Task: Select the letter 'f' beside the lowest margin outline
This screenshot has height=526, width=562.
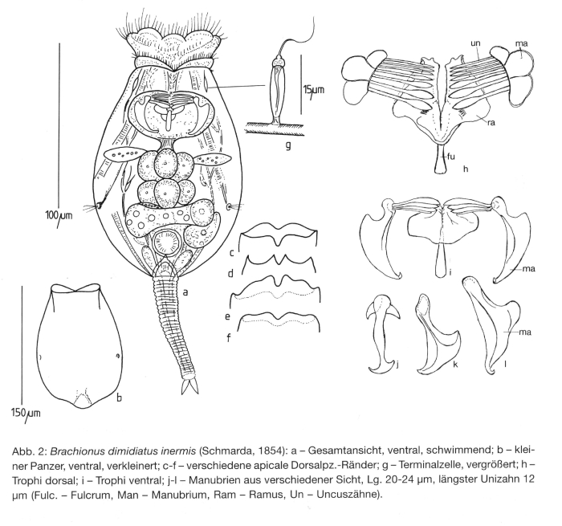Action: click(x=230, y=336)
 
